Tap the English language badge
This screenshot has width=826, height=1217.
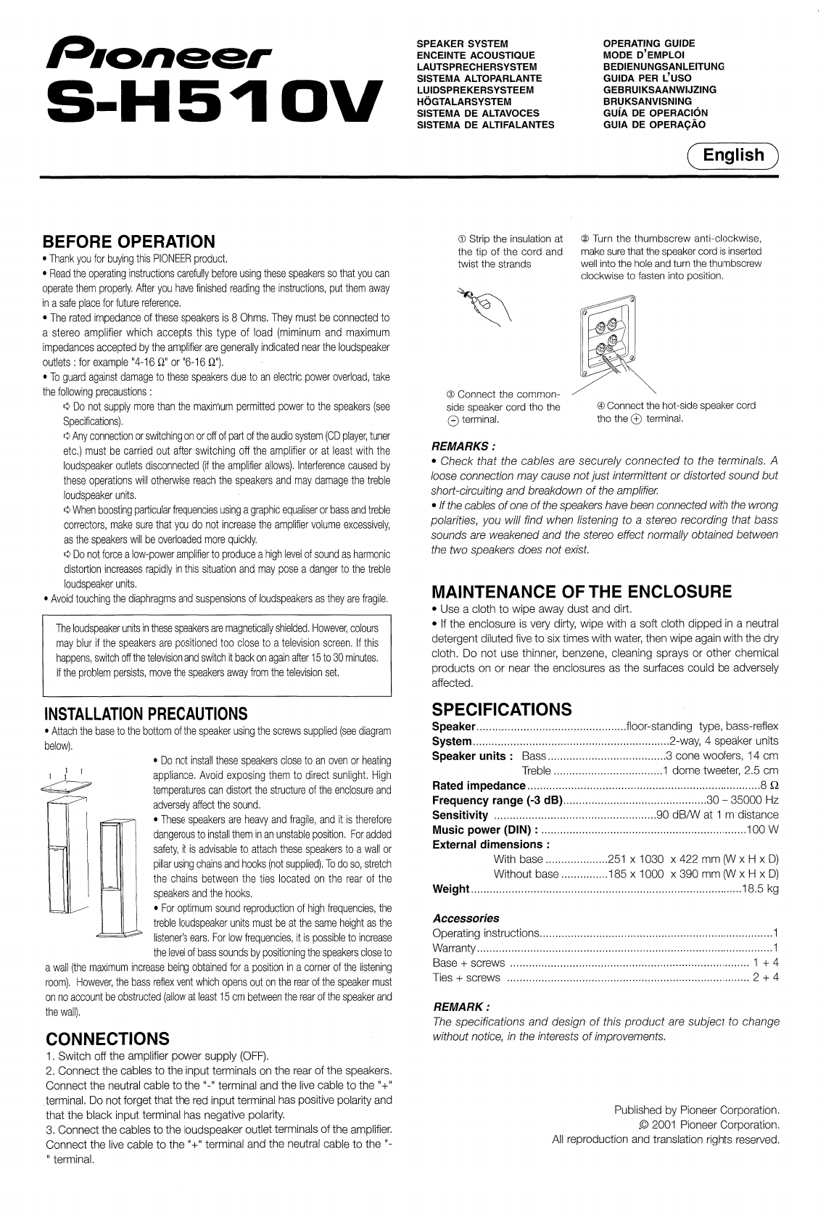coord(733,156)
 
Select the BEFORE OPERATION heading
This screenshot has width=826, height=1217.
coord(130,242)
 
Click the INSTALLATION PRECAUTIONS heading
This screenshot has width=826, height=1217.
coord(146,714)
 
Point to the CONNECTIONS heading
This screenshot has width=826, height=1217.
coord(107,1038)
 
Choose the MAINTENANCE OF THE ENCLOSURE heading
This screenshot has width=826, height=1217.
coord(582,590)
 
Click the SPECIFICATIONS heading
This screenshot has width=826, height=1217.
coord(502,709)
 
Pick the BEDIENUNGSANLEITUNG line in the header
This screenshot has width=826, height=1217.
coord(664,67)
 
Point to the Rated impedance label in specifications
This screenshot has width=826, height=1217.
coord(479,785)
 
